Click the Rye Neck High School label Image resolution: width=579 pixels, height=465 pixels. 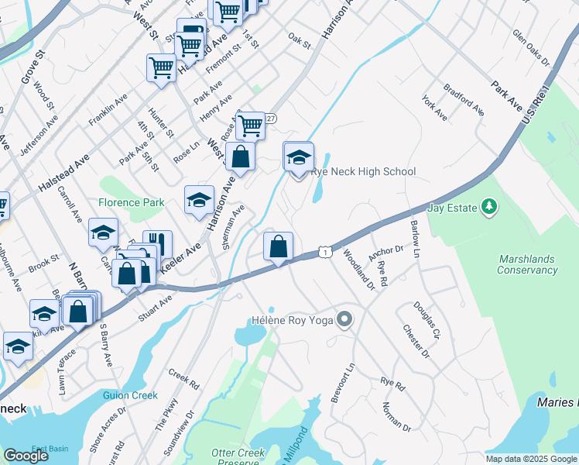tap(363, 171)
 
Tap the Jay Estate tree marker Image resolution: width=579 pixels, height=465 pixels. tap(488, 206)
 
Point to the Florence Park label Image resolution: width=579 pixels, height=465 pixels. tap(131, 202)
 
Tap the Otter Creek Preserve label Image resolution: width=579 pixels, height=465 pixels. tap(238, 457)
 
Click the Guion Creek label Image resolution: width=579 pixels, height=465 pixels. tap(130, 395)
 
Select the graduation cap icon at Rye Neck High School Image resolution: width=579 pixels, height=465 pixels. tap(299, 158)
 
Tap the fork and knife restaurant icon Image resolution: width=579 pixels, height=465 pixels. tap(157, 244)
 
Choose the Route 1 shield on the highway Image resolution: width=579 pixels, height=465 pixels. tap(326, 253)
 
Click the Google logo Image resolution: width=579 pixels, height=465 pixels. tap(26, 456)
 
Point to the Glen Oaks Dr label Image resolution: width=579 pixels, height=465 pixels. tap(530, 48)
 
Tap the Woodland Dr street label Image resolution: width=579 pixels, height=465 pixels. tap(359, 268)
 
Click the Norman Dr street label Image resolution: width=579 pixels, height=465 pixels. tap(396, 415)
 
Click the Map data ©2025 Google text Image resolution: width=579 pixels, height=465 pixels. tap(530, 459)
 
